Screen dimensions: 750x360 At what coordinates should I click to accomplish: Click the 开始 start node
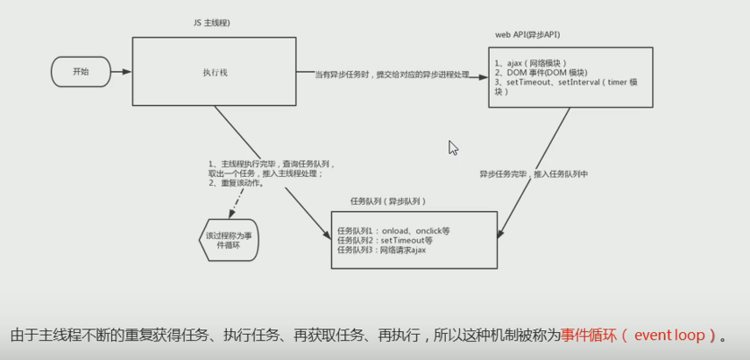(x=81, y=72)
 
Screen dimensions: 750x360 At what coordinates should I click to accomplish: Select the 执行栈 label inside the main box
(x=215, y=72)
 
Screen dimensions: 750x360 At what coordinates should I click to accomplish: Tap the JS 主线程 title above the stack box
(x=211, y=23)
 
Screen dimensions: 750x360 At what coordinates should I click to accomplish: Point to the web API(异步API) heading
(x=527, y=34)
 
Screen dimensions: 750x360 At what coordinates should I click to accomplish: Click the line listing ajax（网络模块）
(x=531, y=63)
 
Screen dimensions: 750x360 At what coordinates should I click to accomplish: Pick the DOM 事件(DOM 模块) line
(x=541, y=73)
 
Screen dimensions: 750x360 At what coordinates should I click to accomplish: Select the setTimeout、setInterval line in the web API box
(x=566, y=82)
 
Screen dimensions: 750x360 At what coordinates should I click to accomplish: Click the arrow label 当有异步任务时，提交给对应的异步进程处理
(x=392, y=74)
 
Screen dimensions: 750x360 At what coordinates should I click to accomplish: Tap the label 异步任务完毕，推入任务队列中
(x=534, y=174)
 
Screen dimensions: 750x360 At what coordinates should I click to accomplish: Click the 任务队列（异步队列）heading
(x=388, y=201)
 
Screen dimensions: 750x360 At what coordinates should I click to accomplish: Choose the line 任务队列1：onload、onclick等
(x=393, y=231)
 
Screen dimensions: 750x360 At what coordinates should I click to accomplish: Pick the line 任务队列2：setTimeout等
(x=385, y=241)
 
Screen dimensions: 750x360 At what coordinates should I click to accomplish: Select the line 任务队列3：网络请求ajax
(x=382, y=250)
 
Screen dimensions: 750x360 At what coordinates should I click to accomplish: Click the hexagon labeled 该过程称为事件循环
(x=229, y=240)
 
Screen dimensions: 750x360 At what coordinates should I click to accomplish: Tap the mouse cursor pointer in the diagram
(x=452, y=148)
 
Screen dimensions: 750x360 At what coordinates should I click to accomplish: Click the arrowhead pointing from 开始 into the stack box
(x=126, y=72)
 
